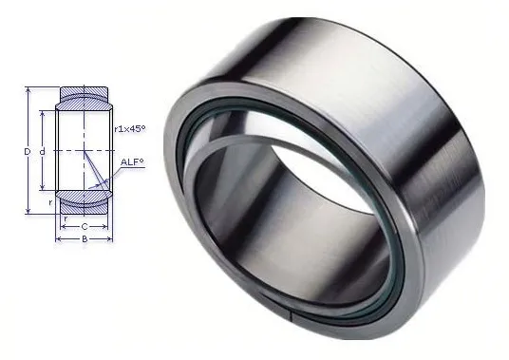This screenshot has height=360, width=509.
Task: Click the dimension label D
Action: (28, 151)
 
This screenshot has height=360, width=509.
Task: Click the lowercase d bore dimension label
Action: (42, 151)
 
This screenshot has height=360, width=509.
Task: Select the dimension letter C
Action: (85, 227)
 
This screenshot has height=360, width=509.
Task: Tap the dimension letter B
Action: (85, 239)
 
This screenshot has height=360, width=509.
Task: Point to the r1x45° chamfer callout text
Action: (130, 129)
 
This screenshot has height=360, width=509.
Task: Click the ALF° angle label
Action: (132, 162)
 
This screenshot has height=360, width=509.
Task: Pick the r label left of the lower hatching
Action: (50, 202)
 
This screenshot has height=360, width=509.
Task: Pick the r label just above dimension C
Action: (66, 218)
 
